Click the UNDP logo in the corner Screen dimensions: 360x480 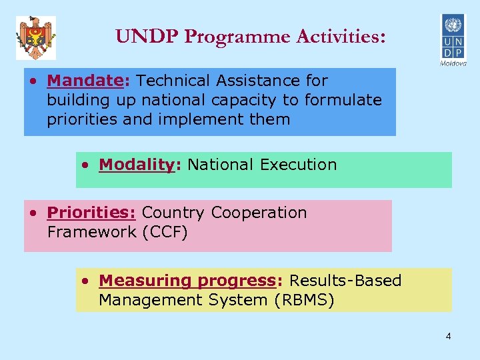(x=451, y=36)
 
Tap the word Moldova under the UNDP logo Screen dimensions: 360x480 (x=453, y=63)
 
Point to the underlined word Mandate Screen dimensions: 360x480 (x=83, y=81)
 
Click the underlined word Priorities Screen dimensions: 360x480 (x=91, y=213)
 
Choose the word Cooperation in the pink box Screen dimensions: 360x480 (x=259, y=213)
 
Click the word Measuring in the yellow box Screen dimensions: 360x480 (x=133, y=281)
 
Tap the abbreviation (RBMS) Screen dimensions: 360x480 (x=303, y=300)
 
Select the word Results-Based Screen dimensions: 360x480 (x=345, y=281)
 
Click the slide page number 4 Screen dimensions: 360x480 (x=448, y=336)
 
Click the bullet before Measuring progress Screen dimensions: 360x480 (x=84, y=281)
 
